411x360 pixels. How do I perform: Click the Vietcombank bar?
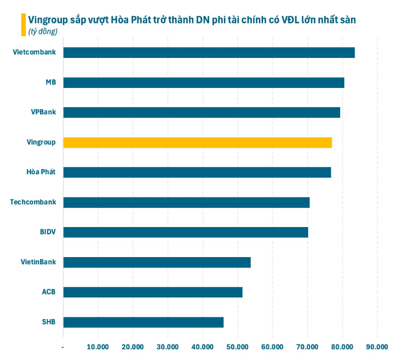[209, 52]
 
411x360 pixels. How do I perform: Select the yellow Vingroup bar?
[197, 142]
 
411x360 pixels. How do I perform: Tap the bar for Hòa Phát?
[197, 172]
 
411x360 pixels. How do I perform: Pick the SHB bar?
[143, 322]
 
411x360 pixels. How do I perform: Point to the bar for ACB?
[153, 292]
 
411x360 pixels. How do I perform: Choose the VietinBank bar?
[157, 262]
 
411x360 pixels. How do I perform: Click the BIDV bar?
[186, 232]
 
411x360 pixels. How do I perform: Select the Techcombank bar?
[186, 202]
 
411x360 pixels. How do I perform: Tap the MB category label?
[51, 82]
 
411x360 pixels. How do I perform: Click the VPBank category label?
[44, 112]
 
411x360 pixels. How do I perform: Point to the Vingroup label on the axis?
[41, 142]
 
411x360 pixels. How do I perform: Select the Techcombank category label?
[33, 202]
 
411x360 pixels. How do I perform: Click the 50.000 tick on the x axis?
[237, 346]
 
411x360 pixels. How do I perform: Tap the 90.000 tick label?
[377, 346]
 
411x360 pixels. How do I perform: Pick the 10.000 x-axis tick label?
[98, 346]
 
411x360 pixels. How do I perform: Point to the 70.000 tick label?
[307, 346]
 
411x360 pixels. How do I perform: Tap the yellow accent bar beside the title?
[23, 24]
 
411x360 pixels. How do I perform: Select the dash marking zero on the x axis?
[63, 346]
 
